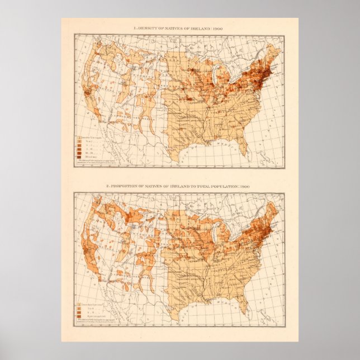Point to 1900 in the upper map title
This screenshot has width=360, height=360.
(x=225, y=28)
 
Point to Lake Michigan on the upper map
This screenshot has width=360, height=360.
(x=207, y=79)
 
